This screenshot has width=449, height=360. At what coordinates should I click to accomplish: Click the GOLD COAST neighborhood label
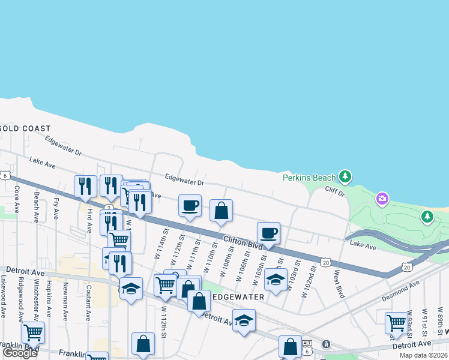26,128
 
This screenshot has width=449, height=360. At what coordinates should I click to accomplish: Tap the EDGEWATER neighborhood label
238,296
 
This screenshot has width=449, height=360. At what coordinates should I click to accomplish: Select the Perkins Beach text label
309,178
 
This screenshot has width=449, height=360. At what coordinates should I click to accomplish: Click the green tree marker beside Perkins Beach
345,176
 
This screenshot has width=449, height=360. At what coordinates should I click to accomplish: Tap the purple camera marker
382,198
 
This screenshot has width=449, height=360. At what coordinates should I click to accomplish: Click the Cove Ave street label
17,193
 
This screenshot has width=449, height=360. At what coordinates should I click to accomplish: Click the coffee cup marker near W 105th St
268,233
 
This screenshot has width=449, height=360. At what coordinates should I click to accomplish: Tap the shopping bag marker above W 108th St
221,211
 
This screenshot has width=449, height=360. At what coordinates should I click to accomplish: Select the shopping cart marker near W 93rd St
396,323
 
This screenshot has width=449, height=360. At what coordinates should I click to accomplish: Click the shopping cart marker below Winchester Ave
33,332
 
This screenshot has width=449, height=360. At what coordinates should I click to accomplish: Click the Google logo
20,353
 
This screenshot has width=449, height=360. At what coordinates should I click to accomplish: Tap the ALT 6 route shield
307,347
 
